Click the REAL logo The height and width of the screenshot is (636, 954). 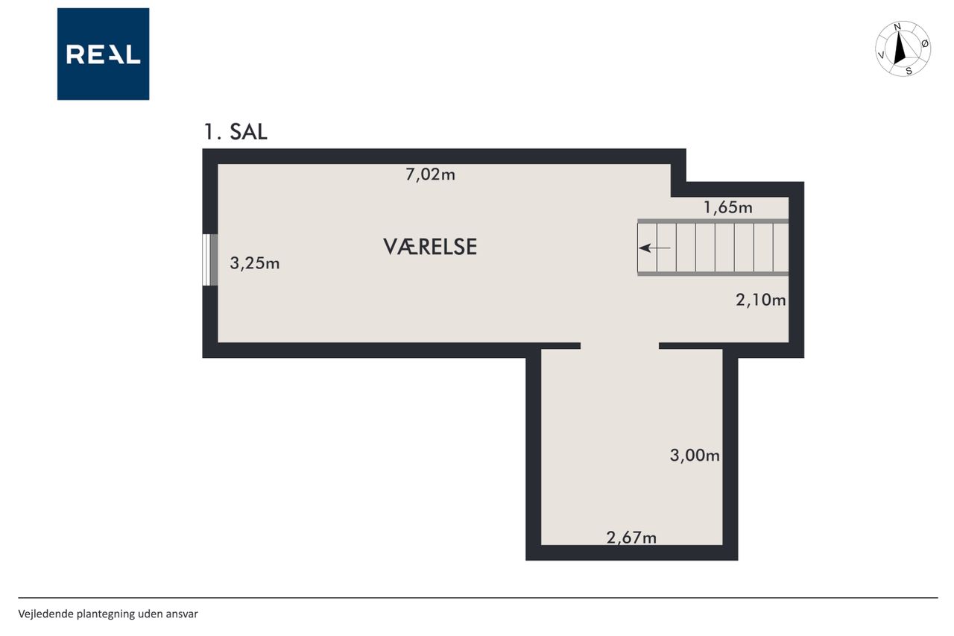pos(103,54)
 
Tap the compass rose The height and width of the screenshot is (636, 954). pos(903,49)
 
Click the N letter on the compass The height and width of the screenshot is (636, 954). pos(897,27)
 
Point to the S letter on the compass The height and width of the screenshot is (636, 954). pos(909,71)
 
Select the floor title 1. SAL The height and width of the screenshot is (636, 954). pos(236,132)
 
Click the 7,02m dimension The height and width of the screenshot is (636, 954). pos(430,174)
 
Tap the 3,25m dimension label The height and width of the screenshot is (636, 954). pos(255,263)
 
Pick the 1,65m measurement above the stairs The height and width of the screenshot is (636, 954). pos(728,207)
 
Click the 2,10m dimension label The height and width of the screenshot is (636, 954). pos(761,300)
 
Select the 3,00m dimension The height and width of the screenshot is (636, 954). pos(695,456)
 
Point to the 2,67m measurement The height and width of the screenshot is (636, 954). pos(631,538)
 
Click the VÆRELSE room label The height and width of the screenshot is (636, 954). pos(430,247)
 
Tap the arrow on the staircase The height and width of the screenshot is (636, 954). pos(654,248)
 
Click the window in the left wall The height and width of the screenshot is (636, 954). pos(210,260)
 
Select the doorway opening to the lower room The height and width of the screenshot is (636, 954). pos(619,346)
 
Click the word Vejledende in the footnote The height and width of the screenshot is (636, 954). pos(46,614)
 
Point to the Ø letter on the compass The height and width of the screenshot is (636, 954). pos(925,43)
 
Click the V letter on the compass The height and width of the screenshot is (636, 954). pos(881,55)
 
